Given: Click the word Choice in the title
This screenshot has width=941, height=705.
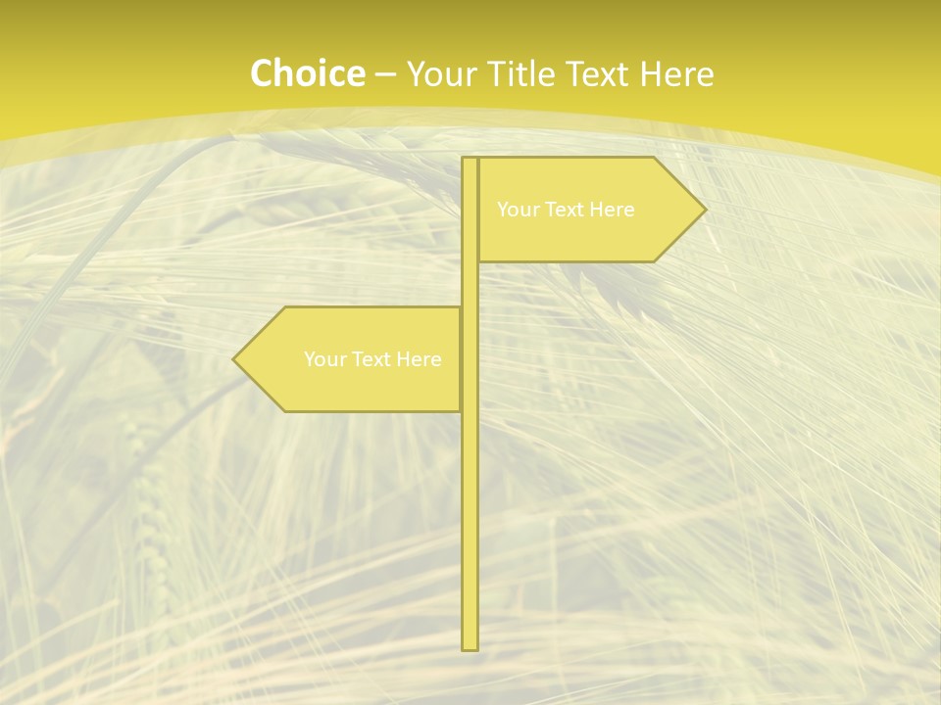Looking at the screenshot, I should [x=307, y=73].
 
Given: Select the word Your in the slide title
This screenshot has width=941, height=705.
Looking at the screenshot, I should [x=438, y=74].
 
